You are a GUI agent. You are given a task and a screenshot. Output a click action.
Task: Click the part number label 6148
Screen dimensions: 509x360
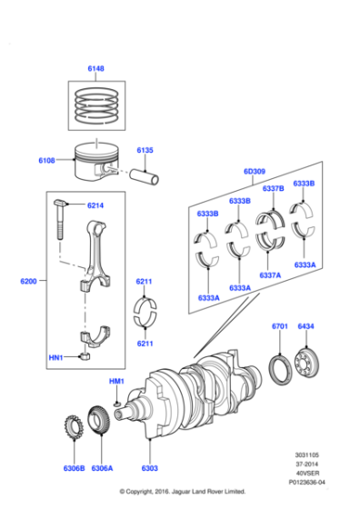click(x=95, y=67)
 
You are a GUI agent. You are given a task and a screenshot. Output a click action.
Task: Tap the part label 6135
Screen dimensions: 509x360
click(x=145, y=150)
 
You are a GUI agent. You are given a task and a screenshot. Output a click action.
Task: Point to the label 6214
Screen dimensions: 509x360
click(x=95, y=205)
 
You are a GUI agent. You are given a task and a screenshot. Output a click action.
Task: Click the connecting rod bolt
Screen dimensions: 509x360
click(x=61, y=219)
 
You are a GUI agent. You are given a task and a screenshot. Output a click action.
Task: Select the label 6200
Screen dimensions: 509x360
click(x=28, y=282)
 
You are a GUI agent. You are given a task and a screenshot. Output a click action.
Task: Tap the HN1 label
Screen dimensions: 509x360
click(x=55, y=358)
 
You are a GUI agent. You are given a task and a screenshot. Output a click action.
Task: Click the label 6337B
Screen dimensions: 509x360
click(x=273, y=188)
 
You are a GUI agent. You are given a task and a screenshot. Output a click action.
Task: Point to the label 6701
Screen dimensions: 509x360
click(x=279, y=326)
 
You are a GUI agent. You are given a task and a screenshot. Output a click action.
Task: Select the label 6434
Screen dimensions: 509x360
click(x=305, y=326)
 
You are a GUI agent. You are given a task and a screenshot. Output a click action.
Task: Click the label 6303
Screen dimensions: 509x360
click(x=149, y=469)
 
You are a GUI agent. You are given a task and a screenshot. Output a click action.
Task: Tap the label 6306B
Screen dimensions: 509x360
click(x=75, y=469)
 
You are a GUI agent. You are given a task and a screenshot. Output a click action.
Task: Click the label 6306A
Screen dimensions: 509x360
click(x=102, y=469)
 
